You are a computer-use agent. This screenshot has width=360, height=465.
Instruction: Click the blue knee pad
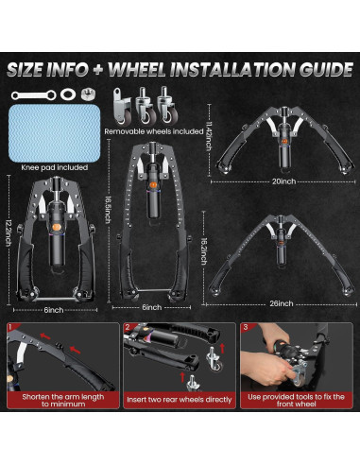tap(55, 133)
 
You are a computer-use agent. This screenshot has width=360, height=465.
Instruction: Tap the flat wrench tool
tap(33, 95)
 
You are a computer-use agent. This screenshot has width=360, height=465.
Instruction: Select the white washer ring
tap(68, 95)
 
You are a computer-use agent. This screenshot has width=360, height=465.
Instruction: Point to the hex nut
tap(88, 95)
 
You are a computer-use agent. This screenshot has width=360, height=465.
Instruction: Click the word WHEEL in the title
tap(136, 69)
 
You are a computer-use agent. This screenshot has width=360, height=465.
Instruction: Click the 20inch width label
tap(283, 181)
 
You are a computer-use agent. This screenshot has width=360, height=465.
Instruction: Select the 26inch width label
tap(282, 303)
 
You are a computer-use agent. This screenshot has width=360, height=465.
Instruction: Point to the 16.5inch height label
tap(108, 210)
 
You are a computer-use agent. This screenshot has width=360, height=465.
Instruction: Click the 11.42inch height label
tap(208, 135)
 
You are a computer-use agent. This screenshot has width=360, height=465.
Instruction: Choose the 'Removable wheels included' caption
tap(154, 131)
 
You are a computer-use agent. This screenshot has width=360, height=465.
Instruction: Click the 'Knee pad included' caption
tap(55, 167)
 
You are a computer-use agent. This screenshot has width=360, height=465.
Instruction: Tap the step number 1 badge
tap(10, 327)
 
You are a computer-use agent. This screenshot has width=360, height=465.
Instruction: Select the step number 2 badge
tap(128, 327)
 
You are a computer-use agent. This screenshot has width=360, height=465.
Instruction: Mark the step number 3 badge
tap(245, 327)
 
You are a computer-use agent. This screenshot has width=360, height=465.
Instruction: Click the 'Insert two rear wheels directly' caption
tap(180, 400)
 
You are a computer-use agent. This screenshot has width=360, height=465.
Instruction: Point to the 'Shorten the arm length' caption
tap(63, 397)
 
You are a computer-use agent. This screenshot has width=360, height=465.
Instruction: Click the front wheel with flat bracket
tap(121, 107)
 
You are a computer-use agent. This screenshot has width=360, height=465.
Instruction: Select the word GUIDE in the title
tap(326, 69)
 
